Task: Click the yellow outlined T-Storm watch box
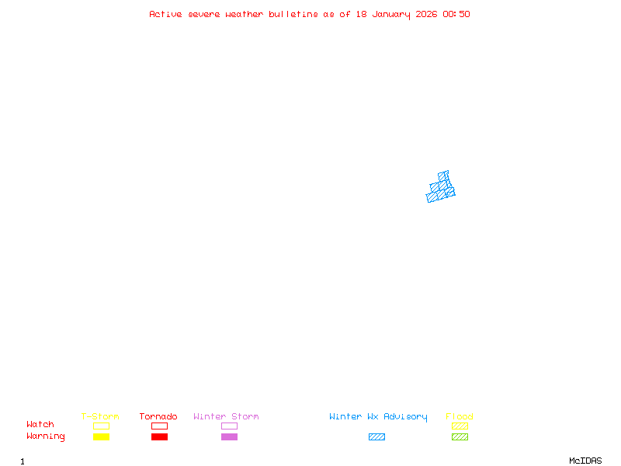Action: (x=101, y=426)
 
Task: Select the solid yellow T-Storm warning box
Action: (x=101, y=436)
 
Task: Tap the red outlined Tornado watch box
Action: (x=159, y=426)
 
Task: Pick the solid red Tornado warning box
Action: (x=159, y=436)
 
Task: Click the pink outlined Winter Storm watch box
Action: (x=229, y=426)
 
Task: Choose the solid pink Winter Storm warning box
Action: (x=229, y=436)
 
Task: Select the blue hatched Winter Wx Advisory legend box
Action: (x=376, y=436)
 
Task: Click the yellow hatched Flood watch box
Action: (x=460, y=426)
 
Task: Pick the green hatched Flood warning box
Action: (x=460, y=436)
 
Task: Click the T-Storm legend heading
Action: (x=100, y=416)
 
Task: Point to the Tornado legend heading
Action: (x=158, y=416)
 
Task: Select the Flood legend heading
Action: (x=460, y=416)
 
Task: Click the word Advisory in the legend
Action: (x=405, y=416)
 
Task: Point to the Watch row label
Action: (x=40, y=425)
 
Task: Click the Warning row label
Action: (x=46, y=436)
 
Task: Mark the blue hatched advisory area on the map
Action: (x=441, y=189)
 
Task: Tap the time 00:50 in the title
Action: (x=456, y=14)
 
